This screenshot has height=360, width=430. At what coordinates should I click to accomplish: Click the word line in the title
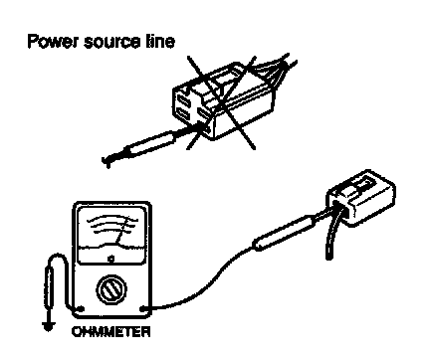coord(160,42)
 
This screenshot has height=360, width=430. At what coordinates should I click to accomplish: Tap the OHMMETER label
coord(111,332)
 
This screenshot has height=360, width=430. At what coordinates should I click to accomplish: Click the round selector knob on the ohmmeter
coord(111,289)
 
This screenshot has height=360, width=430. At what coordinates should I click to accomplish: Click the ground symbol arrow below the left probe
coord(49,325)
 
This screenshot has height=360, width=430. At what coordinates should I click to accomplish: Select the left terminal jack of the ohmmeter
coord(81,309)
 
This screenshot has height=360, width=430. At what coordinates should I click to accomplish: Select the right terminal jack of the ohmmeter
coord(143,309)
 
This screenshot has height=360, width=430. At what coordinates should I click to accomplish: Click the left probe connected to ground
coord(49,287)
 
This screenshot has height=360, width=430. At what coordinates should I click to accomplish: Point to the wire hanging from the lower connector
coord(330,232)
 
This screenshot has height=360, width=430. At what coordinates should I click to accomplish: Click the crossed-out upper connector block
coord(223,101)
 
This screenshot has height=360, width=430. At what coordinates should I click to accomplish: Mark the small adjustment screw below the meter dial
coord(111,259)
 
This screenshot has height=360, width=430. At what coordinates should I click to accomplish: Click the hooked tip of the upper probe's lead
coord(107,161)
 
